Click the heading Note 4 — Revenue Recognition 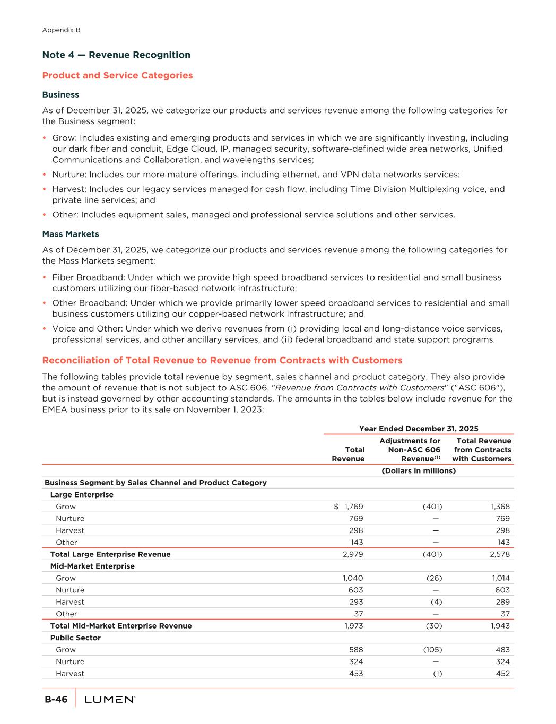coord(116,55)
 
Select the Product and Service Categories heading coord(117,75)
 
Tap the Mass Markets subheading coord(71,234)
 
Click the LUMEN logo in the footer coord(110,700)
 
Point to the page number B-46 coord(56,700)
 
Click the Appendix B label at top coord(61,30)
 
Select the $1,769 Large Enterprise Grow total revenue coord(349,507)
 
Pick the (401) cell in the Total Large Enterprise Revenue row coord(432,554)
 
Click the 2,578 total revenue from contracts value coord(499,554)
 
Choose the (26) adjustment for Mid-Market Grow coord(434,578)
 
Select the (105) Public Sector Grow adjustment coord(432,650)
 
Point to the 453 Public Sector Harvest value coord(356,674)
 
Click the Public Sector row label coord(75,638)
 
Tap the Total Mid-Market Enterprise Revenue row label coord(121,626)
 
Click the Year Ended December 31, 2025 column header coord(419,429)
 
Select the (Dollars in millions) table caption coord(419,470)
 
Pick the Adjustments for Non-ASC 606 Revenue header coord(410,450)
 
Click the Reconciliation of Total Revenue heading coord(222,361)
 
